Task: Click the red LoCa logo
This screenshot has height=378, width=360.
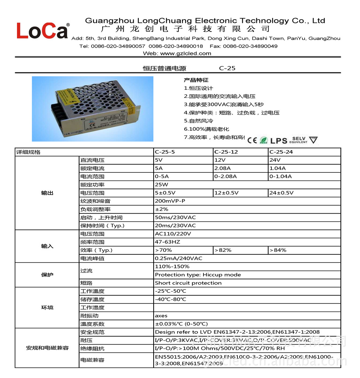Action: point(42,31)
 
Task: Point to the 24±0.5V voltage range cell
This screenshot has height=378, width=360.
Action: point(281,193)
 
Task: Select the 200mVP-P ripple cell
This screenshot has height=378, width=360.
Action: point(170,201)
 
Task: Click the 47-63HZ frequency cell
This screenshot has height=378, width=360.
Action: point(167,242)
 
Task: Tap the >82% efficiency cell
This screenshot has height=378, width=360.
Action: point(223,250)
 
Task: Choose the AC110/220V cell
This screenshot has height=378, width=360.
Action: point(173,234)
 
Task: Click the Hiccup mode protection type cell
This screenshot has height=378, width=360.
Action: point(198,275)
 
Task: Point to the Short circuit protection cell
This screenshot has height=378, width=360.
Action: point(188,283)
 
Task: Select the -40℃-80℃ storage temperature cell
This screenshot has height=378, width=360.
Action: point(171,299)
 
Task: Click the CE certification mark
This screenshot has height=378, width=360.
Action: point(252,140)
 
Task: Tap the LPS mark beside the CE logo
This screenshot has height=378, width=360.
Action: point(278,141)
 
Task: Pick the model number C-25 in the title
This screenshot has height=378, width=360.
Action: point(227,68)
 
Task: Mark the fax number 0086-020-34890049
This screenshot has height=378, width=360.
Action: point(250,46)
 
